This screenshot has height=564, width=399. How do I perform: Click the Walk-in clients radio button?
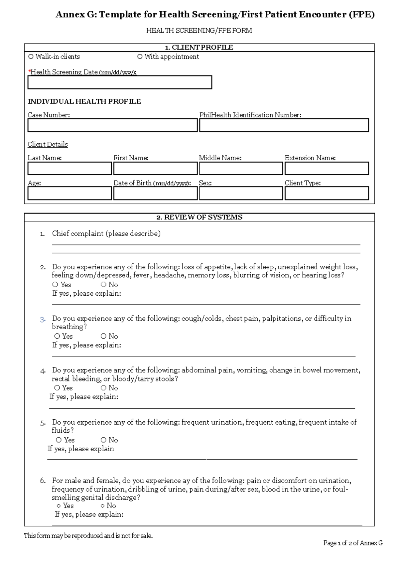click(x=31, y=57)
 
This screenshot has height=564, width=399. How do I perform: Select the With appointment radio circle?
click(x=140, y=57)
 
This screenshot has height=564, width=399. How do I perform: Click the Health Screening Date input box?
click(x=120, y=82)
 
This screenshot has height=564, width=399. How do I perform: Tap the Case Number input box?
click(x=112, y=126)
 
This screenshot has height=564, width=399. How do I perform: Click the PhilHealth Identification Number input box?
click(x=284, y=126)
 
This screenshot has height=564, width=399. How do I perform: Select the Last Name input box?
click(x=69, y=169)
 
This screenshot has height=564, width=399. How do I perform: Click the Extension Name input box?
click(x=327, y=169)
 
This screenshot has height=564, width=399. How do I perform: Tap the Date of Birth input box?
click(x=155, y=194)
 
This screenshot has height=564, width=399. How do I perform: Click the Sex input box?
click(x=241, y=194)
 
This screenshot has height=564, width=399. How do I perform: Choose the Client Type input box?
click(x=327, y=194)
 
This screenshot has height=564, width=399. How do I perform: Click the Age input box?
click(x=69, y=194)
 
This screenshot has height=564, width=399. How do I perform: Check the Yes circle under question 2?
click(x=56, y=285)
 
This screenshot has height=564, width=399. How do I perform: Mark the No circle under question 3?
click(x=104, y=337)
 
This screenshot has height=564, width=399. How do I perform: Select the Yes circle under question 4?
click(x=57, y=388)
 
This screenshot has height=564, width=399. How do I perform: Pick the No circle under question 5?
click(x=104, y=440)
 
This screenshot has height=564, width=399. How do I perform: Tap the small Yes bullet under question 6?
click(x=59, y=506)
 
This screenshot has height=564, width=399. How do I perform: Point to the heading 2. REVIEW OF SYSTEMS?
click(x=199, y=217)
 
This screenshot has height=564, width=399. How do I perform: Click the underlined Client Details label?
click(x=48, y=145)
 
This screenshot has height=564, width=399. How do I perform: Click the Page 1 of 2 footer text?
click(x=352, y=543)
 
